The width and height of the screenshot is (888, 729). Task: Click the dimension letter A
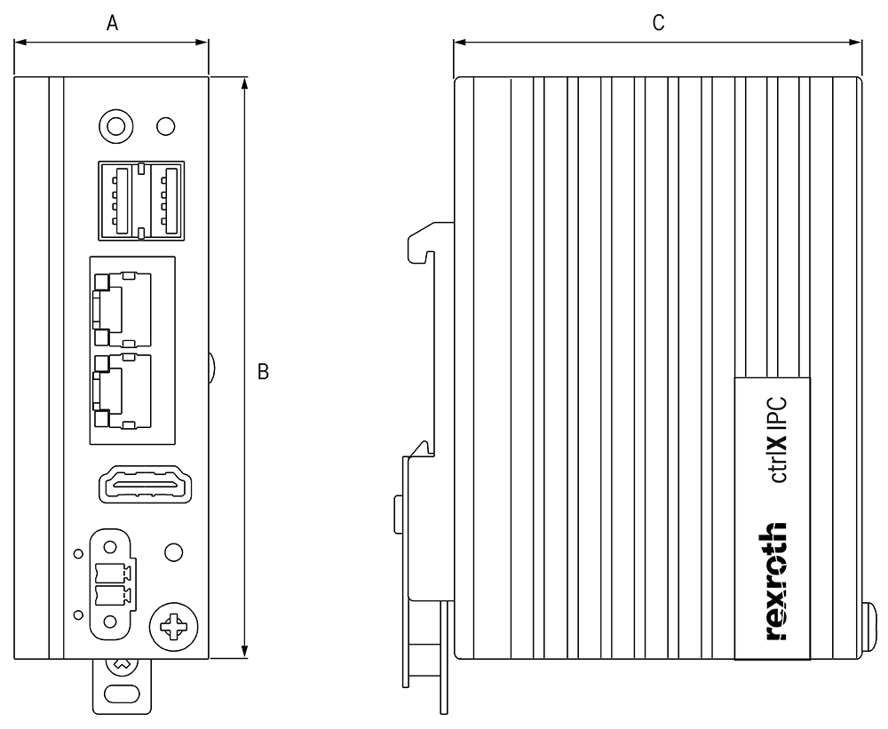tap(113, 25)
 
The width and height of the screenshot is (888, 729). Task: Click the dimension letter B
tap(263, 372)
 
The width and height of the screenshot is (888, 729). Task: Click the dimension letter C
tap(658, 24)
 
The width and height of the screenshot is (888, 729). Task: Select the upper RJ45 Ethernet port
tap(121, 307)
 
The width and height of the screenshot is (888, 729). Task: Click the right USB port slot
tap(163, 200)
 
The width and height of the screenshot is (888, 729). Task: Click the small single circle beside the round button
tap(165, 125)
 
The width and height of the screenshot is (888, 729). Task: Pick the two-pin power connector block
tap(111, 583)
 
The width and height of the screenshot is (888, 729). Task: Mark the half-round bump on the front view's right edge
tap(212, 366)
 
